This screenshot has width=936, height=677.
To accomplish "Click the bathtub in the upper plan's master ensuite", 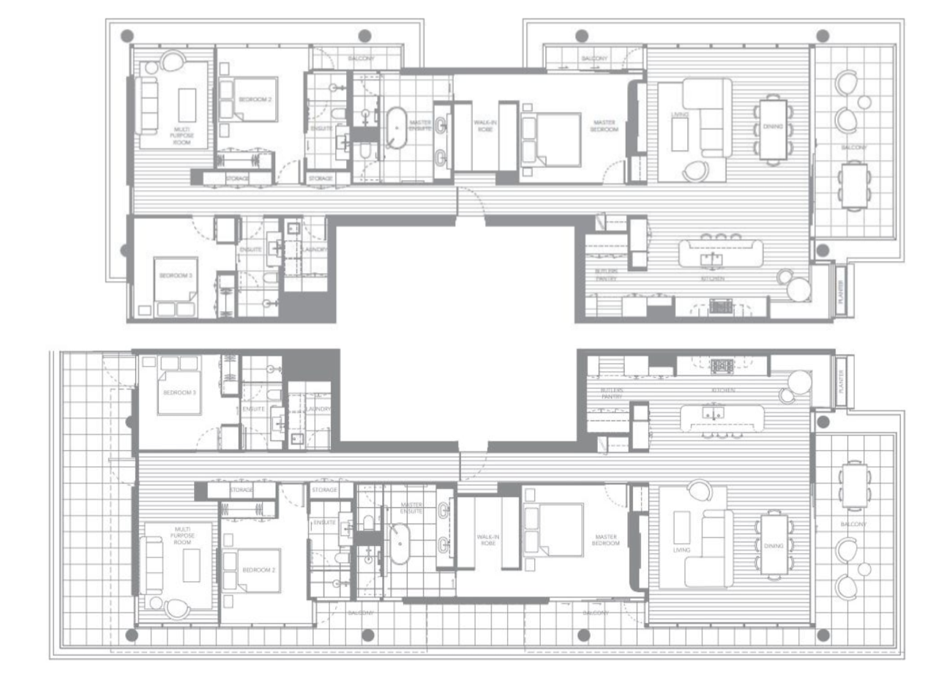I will (398, 129).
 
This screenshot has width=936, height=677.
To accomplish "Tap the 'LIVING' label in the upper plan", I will (675, 115).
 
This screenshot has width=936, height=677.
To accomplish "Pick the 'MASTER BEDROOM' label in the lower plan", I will (605, 540).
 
